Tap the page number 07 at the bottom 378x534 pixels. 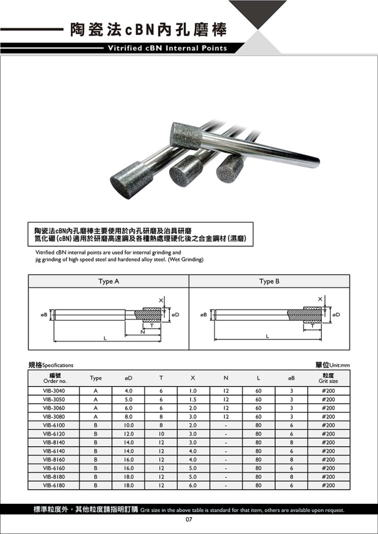[x=188, y=520]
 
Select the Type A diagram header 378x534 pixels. [x=108, y=281]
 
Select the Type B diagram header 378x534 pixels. [x=269, y=281]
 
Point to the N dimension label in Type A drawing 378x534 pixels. [x=143, y=332]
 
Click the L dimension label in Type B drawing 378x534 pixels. [x=267, y=336]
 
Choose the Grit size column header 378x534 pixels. [x=328, y=378]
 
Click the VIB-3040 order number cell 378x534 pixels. [x=54, y=391]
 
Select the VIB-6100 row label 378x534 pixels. [x=54, y=425]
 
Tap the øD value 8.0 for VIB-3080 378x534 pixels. [x=129, y=417]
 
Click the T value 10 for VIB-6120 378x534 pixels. [x=160, y=434]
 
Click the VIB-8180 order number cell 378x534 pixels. [x=54, y=477]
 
